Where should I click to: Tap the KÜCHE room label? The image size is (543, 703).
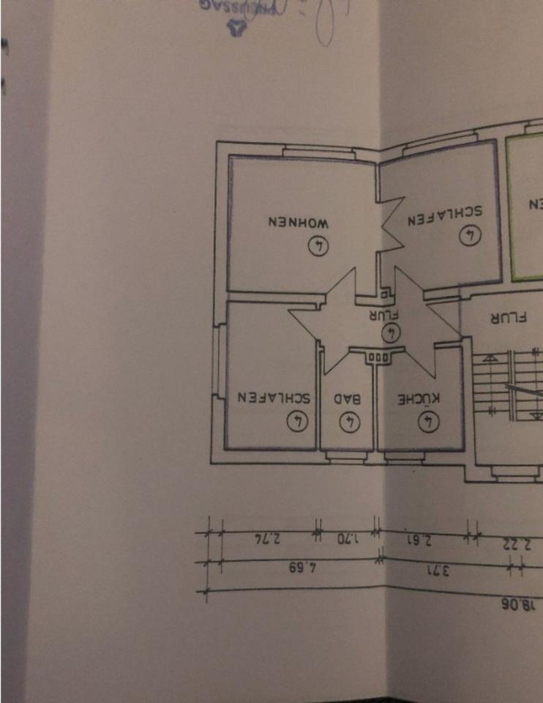pos(419,399)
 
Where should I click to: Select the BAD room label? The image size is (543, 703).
pos(348,399)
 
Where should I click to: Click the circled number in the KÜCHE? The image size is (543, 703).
pos(427,421)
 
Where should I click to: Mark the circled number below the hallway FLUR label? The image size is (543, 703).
pos(393,332)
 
